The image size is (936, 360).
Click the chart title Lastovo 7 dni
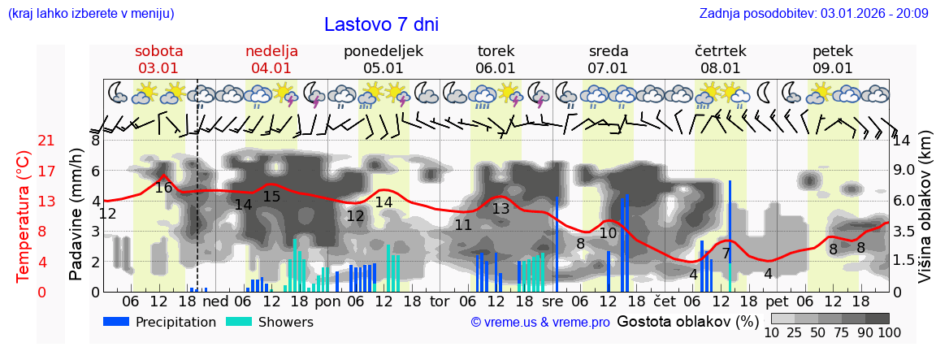(x=381, y=24)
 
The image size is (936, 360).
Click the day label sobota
(x=158, y=51)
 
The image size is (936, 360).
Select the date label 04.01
(x=271, y=68)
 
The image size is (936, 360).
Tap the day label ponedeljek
(x=383, y=51)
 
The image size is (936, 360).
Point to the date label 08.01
(x=721, y=68)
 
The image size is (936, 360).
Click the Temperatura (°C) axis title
(x=24, y=215)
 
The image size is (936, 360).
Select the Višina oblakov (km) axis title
(x=924, y=215)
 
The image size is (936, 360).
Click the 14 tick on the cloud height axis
(x=903, y=141)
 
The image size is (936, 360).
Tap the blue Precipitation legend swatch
(x=116, y=322)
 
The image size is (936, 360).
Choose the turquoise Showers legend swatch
(x=239, y=322)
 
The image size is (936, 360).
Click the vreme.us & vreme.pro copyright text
(x=540, y=322)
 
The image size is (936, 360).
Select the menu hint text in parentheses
(x=91, y=13)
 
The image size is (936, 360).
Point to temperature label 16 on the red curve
(x=163, y=188)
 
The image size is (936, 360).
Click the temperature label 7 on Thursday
(x=726, y=254)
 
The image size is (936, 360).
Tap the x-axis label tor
(x=440, y=300)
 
